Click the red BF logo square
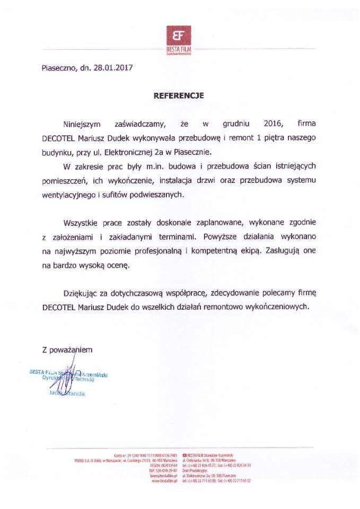pos(179,36)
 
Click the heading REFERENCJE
pos(179,96)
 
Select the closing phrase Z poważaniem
pos(67,349)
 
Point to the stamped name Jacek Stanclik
pos(67,394)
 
